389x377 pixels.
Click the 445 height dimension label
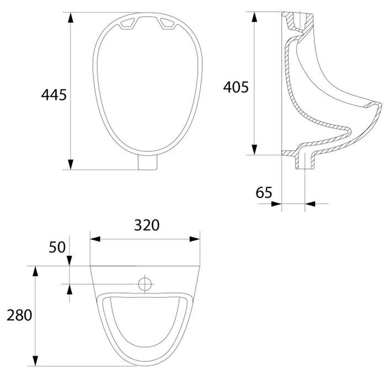[x=54, y=95]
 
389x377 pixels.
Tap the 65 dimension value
[x=264, y=193]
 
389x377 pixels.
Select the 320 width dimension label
[x=147, y=225]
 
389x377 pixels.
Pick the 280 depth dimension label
[x=19, y=315]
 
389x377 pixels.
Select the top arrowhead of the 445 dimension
[x=71, y=17]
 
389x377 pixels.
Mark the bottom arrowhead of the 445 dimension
[x=71, y=164]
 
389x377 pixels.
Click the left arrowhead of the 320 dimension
[x=94, y=239]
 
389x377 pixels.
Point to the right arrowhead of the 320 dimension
[x=195, y=239]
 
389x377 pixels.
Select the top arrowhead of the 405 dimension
[x=255, y=17]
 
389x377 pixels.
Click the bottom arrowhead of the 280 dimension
[x=35, y=361]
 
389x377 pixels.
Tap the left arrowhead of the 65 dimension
[x=276, y=204]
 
